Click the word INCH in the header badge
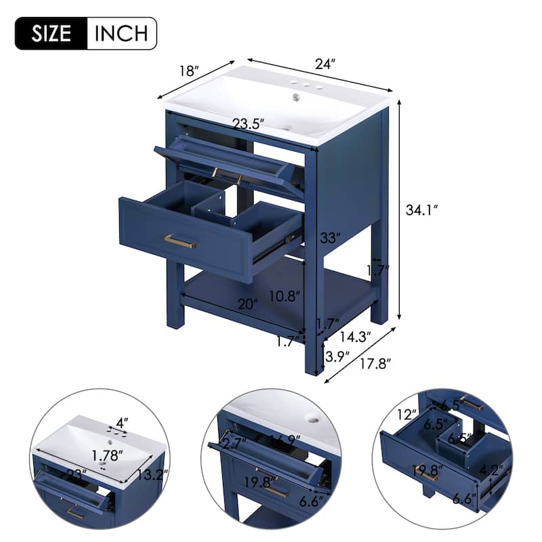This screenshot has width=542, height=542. tap(121, 33)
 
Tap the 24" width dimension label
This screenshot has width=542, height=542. tap(325, 64)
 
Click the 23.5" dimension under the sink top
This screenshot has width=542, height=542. tap(247, 124)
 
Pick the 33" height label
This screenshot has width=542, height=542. tap(329, 238)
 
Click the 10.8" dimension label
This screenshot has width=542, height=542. tap(283, 295)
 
